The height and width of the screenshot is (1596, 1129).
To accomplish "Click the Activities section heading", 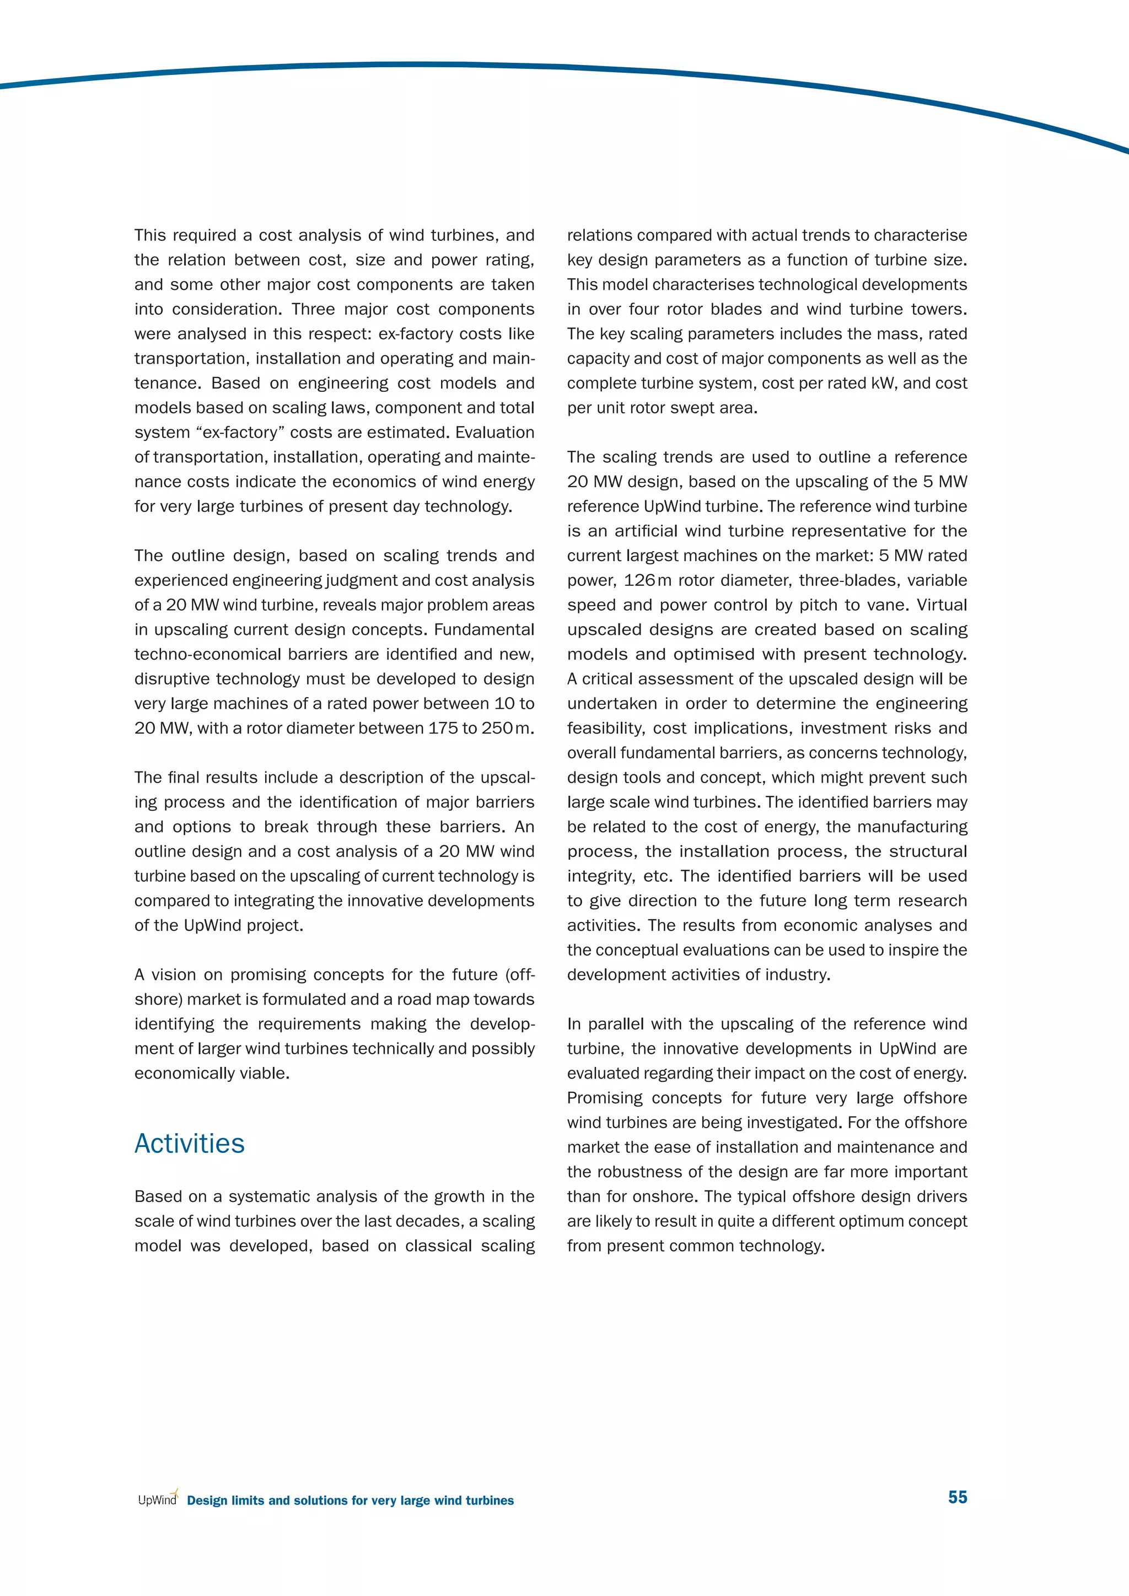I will pos(189,1144).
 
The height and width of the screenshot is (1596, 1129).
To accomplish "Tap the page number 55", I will pos(958,1497).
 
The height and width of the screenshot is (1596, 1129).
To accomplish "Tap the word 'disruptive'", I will pos(170,679).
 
